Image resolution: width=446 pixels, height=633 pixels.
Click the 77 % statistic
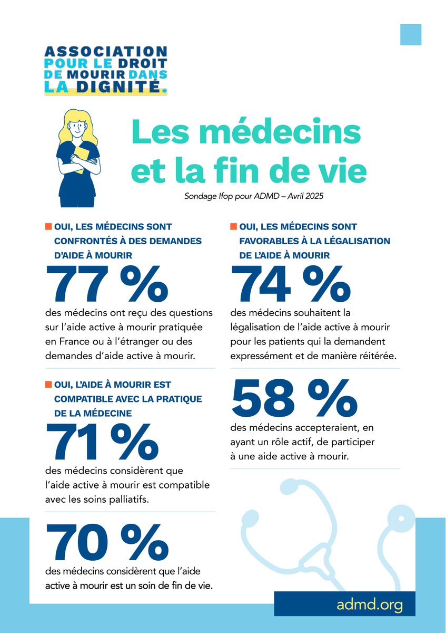coord(107,284)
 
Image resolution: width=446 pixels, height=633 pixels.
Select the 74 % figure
coord(291,284)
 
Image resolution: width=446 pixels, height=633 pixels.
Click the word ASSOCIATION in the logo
coord(106,52)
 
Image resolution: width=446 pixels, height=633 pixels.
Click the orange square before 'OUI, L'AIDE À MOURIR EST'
coord(47,385)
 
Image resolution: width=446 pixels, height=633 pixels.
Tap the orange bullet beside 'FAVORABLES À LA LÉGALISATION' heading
coord(232,227)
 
